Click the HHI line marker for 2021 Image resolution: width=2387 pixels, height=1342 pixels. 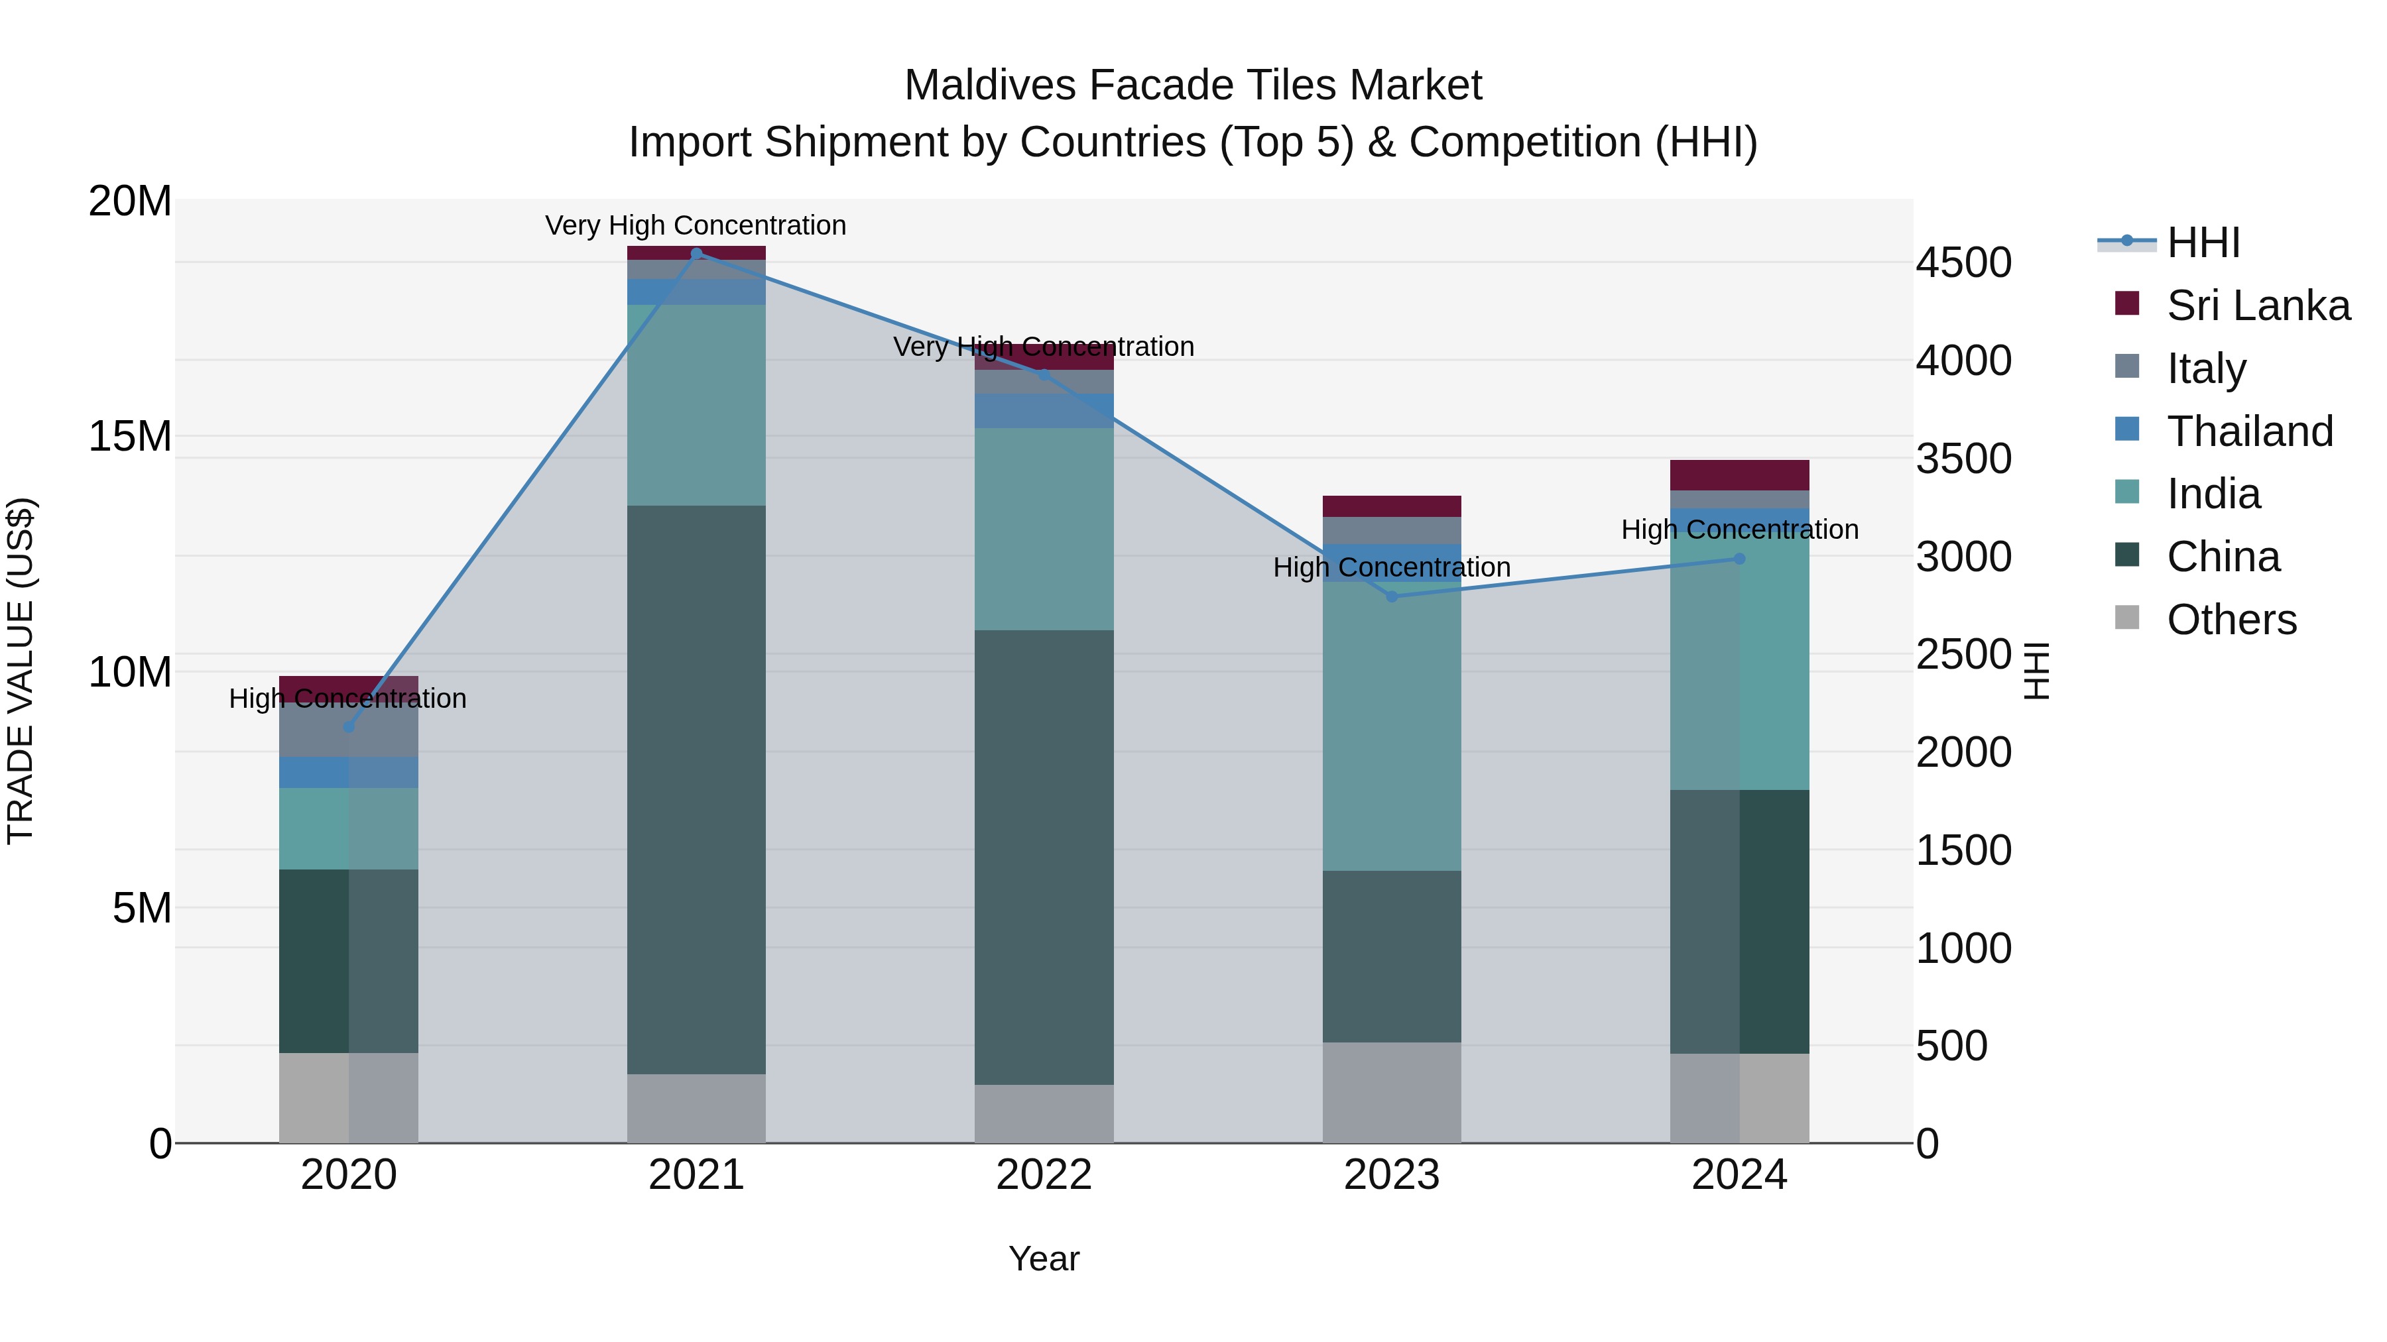(696, 254)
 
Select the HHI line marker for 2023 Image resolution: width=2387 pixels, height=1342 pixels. (1391, 596)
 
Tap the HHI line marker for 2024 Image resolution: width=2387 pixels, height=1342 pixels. (1739, 559)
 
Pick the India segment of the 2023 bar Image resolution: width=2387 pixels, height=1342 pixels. (1391, 732)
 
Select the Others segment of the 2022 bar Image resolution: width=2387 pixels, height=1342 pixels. (1044, 1113)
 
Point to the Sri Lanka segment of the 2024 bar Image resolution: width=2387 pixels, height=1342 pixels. (1739, 475)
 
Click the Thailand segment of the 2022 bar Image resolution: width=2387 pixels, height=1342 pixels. (1044, 410)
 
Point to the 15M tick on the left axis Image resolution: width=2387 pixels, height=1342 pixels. (130, 436)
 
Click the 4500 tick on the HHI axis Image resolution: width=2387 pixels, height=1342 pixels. (1963, 263)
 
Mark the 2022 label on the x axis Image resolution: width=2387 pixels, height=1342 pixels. (1044, 1175)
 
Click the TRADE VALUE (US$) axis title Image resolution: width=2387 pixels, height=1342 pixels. (21, 671)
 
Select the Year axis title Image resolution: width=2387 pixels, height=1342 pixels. (1044, 1258)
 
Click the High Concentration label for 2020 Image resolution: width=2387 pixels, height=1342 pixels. (347, 699)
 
